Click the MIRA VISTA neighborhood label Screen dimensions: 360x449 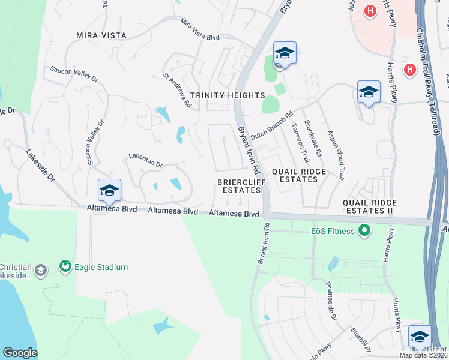tap(101, 35)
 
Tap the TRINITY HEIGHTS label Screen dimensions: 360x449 tap(228, 95)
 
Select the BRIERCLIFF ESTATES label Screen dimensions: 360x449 tap(239, 185)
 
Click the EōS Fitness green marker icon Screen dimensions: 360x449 tap(363, 230)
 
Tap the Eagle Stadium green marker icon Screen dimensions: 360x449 tap(65, 265)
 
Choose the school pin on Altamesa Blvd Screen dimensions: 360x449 tap(109, 191)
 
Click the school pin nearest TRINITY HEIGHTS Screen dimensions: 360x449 tap(285, 53)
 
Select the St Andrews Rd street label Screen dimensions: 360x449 tap(177, 91)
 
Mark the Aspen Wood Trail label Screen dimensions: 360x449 tap(335, 155)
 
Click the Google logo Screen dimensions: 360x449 tap(20, 353)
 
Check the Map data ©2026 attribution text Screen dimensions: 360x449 tap(423, 355)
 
